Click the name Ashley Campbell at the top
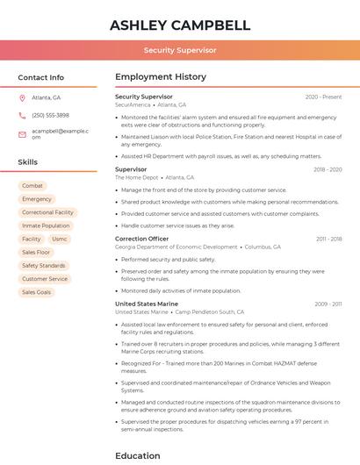[x=180, y=25]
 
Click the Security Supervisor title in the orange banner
[x=180, y=50]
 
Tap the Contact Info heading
[x=41, y=77]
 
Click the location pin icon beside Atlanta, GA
[x=23, y=97]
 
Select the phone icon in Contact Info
[x=23, y=115]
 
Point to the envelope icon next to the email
[x=23, y=133]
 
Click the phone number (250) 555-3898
[x=50, y=115]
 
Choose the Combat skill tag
[x=32, y=186]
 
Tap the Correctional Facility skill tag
[x=47, y=212]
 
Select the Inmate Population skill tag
[x=46, y=225]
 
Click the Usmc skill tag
[x=60, y=239]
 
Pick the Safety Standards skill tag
[x=44, y=265]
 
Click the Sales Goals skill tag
[x=37, y=292]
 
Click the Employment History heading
[x=161, y=77]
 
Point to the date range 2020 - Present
[x=323, y=97]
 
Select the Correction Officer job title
[x=141, y=239]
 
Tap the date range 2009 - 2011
[x=328, y=304]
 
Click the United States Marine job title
[x=147, y=304]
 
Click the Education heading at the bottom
[x=138, y=455]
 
